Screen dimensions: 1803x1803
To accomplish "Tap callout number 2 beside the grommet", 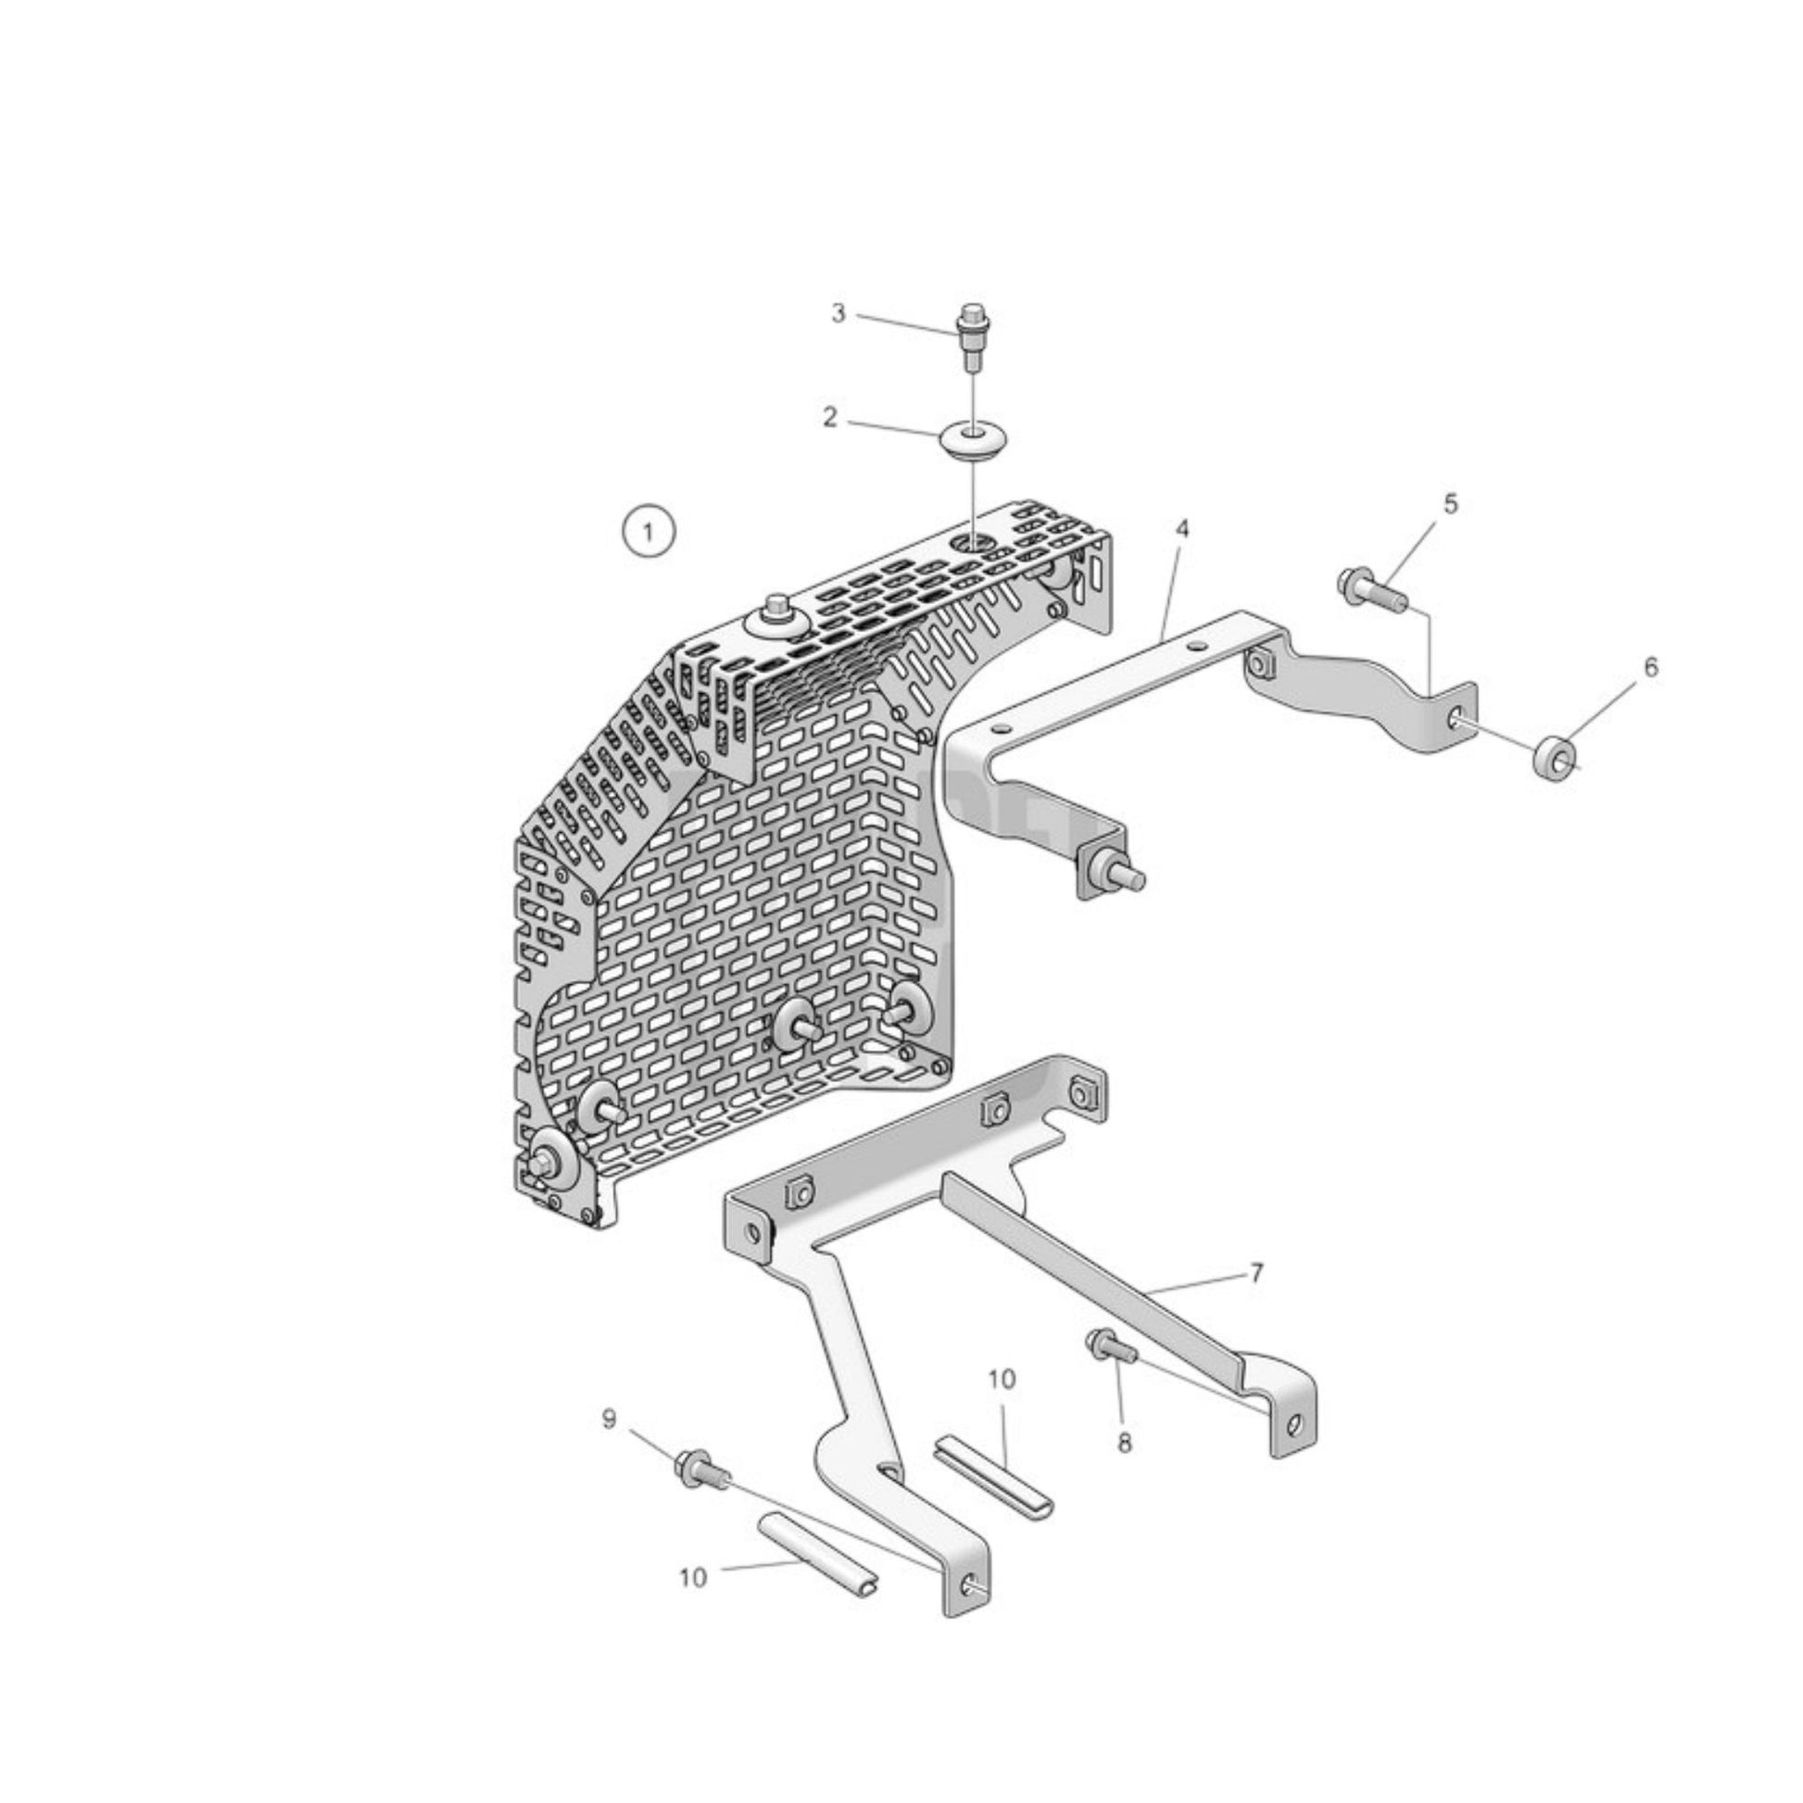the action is coord(829,417).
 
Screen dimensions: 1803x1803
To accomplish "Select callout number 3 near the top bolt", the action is coord(838,313).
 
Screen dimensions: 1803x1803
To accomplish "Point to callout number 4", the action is coord(1182,529).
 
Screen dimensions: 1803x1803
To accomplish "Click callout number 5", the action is coord(1449,504).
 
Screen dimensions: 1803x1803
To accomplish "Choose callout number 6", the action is coord(1651,667).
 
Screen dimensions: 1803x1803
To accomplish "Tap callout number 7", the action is coord(1256,1273).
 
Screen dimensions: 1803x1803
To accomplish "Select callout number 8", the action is coord(1125,1443).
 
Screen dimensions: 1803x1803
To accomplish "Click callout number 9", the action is coord(609,1419).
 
